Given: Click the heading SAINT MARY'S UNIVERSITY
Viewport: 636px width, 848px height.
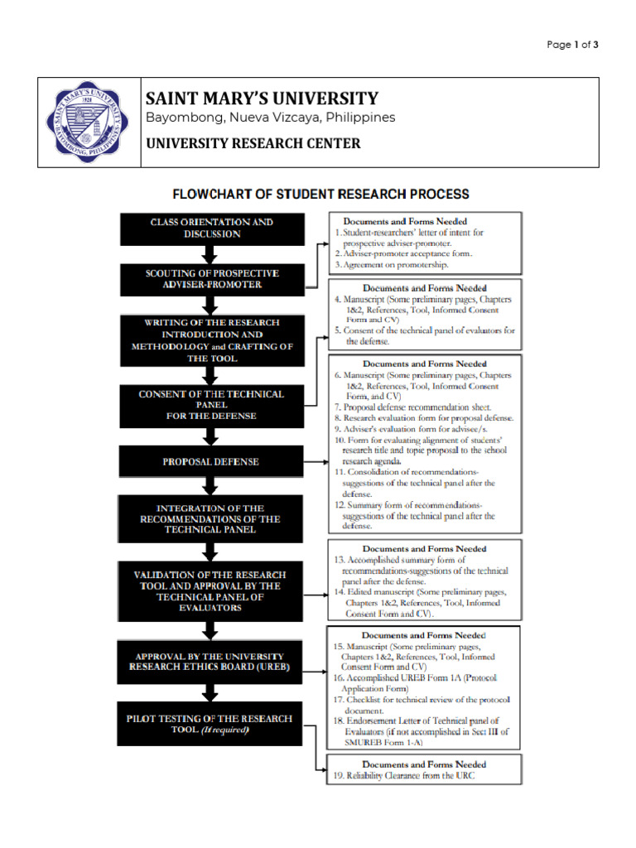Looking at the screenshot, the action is tap(263, 98).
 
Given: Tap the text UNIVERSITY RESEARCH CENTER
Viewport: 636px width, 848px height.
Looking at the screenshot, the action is tap(253, 143).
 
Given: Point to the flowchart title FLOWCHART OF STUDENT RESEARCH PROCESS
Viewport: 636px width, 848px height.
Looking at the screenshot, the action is tap(320, 195).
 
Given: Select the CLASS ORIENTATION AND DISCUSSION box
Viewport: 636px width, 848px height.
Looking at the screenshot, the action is tap(212, 229).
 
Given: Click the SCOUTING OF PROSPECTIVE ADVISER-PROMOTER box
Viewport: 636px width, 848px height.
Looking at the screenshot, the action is tap(212, 279).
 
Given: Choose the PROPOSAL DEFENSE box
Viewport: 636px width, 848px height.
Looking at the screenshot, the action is tap(212, 461).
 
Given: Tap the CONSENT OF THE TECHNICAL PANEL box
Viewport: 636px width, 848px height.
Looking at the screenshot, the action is tap(212, 405).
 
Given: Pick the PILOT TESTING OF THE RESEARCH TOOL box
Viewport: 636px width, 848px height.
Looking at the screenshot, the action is tap(212, 725).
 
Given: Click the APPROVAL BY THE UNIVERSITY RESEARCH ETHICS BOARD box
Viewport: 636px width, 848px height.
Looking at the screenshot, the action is tap(212, 662).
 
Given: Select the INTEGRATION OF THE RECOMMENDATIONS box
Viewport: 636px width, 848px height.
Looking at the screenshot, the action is tap(212, 518).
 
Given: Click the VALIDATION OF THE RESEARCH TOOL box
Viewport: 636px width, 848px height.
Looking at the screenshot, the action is tap(212, 590).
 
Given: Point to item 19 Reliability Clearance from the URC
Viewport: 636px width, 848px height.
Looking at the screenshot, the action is tap(405, 776).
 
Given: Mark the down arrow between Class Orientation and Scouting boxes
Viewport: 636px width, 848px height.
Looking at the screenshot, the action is tap(212, 254).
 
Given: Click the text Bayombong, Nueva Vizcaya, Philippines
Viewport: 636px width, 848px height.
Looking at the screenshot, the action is tap(270, 118).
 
